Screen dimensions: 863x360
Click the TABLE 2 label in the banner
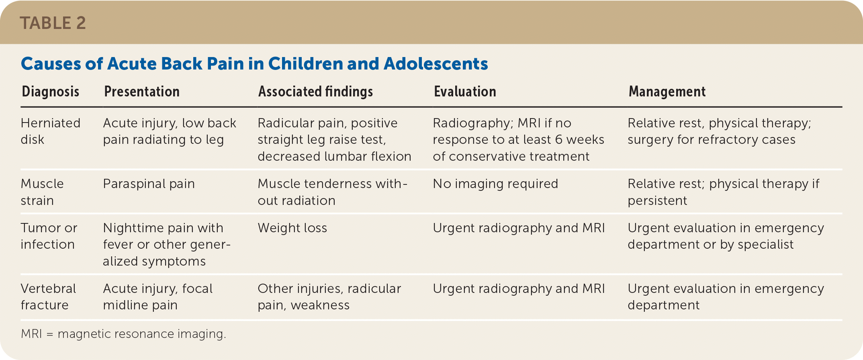[x=53, y=23]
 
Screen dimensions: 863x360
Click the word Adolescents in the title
[x=436, y=63]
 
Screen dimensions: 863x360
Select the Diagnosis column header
[x=51, y=92]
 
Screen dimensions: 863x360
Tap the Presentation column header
[x=142, y=92]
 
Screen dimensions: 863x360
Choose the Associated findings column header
[x=316, y=92]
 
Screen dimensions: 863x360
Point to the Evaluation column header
[x=465, y=92]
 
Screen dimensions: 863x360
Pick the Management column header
[x=667, y=92]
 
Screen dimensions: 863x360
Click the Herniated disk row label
[x=51, y=131]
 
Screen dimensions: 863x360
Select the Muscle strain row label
[x=42, y=192]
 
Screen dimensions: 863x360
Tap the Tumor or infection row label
[x=49, y=236]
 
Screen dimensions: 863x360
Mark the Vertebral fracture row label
[x=49, y=297]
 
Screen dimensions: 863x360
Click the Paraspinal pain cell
[x=149, y=184]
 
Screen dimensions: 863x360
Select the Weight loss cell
[x=292, y=228]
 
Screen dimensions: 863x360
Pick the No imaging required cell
[x=495, y=184]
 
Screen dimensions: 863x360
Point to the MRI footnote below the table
[x=124, y=334]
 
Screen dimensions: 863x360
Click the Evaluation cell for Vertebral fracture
[x=519, y=288]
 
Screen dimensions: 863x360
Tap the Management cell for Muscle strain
[x=724, y=192]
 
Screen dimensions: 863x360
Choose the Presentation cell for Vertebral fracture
[x=158, y=297]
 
